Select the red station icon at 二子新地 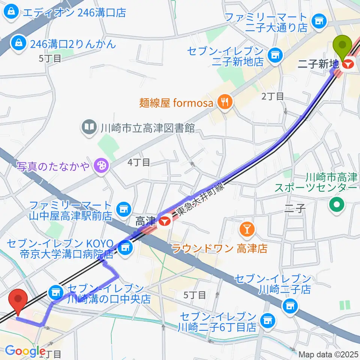(348, 64)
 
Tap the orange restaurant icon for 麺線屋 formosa (225, 102)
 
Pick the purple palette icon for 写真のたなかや (100, 165)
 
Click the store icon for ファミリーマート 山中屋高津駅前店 (123, 208)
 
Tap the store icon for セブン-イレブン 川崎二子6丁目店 (267, 320)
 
